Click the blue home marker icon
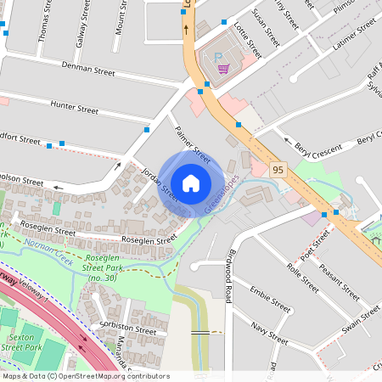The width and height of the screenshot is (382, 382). pos(191,183)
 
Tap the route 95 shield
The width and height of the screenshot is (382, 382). pos(278,171)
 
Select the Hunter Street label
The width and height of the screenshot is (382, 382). pos(75,108)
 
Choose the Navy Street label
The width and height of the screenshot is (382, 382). pos(271,331)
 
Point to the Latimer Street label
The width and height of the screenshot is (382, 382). pos(354,37)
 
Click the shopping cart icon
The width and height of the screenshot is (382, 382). pos(223,70)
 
